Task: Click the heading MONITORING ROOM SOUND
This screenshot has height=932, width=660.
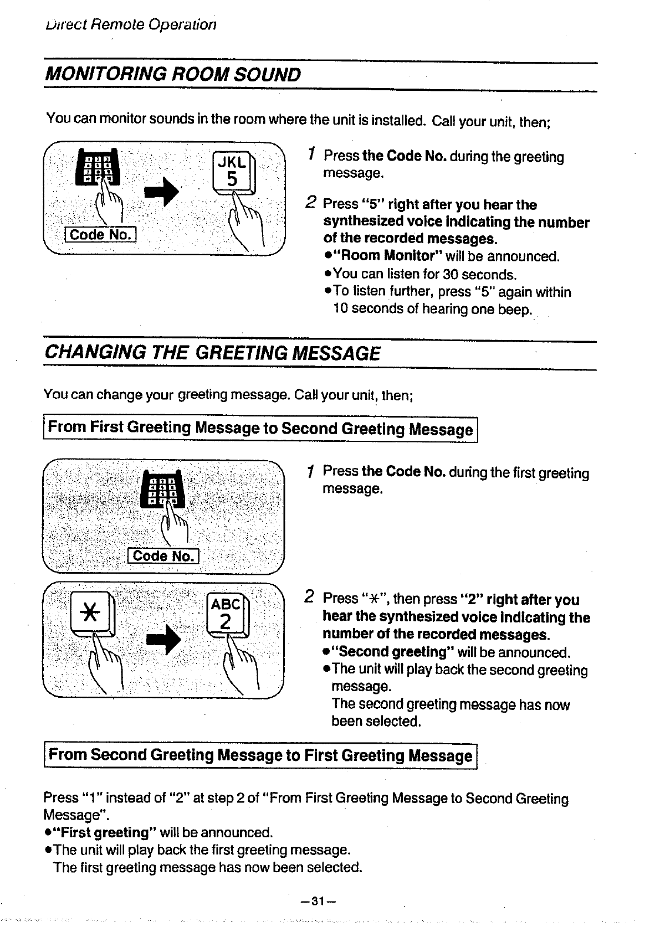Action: (172, 75)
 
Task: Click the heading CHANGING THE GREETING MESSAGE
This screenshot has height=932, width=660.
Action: (212, 353)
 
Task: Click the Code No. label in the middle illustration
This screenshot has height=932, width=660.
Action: (163, 555)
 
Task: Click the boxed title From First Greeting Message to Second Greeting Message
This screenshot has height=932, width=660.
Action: (260, 429)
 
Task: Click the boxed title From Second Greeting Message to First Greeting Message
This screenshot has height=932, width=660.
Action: (260, 755)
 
